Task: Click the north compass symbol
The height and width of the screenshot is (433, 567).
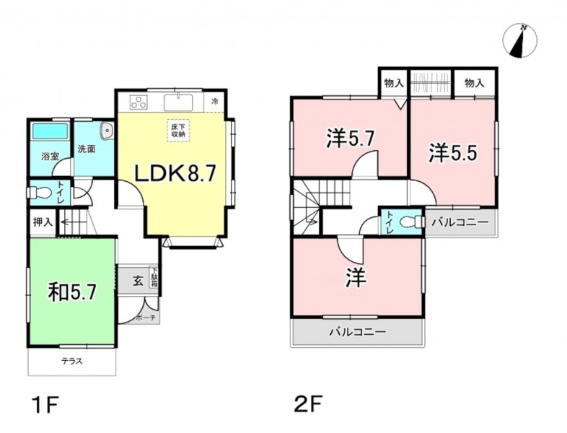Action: (519, 40)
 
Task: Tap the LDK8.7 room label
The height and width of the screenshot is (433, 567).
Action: (175, 173)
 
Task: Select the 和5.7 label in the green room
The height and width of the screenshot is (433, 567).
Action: (73, 292)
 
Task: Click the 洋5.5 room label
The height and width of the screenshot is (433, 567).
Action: (453, 153)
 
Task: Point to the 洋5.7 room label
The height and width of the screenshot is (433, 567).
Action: (350, 139)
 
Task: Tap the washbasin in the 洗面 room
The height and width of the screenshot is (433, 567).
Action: (107, 130)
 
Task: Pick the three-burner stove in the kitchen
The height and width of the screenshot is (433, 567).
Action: (139, 102)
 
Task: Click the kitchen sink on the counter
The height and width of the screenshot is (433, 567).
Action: (179, 102)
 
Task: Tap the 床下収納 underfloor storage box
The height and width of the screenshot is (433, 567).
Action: (178, 130)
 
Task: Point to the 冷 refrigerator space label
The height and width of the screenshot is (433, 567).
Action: (215, 102)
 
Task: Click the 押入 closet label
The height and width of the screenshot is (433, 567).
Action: (43, 222)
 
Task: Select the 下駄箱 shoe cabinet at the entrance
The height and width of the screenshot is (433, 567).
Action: (154, 277)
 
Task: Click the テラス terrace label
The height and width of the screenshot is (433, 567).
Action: (72, 361)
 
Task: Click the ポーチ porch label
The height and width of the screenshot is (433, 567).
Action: (146, 318)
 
